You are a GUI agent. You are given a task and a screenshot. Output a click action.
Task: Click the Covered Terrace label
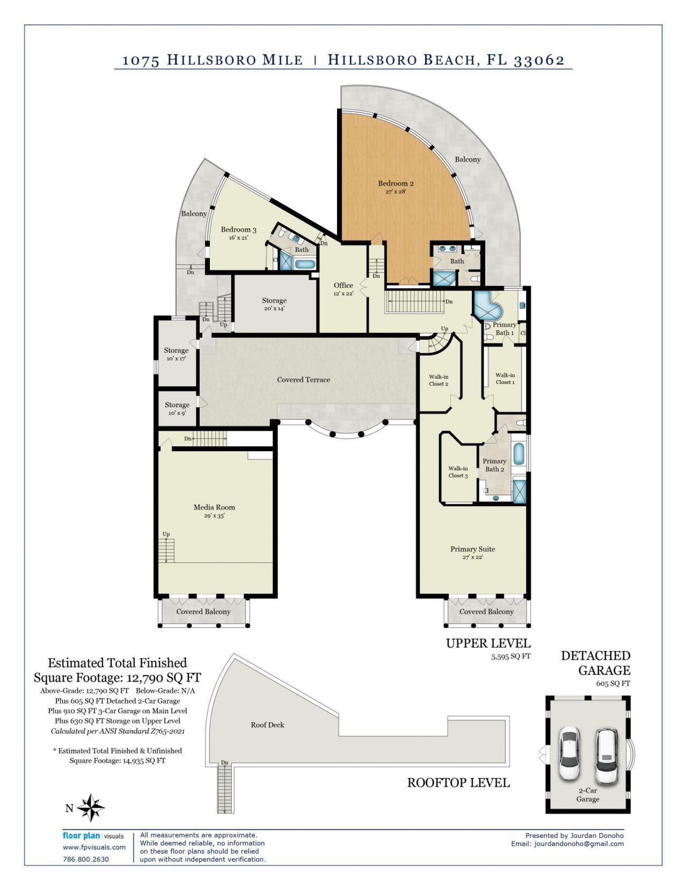pyautogui.click(x=303, y=380)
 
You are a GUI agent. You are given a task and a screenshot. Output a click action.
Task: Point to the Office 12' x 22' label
pyautogui.click(x=343, y=289)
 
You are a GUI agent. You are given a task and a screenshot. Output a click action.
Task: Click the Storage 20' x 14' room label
pyautogui.click(x=274, y=304)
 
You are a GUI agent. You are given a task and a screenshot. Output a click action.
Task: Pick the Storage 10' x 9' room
pyautogui.click(x=177, y=408)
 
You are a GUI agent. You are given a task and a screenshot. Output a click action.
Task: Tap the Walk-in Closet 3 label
pyautogui.click(x=458, y=472)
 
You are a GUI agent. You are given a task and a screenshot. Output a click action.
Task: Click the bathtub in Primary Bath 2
pyautogui.click(x=518, y=454)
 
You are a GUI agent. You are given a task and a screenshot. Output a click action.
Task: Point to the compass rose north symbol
pyautogui.click(x=91, y=807)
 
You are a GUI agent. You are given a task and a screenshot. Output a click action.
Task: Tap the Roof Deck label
pyautogui.click(x=267, y=725)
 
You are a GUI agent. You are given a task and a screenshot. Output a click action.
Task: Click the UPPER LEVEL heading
pyautogui.click(x=488, y=643)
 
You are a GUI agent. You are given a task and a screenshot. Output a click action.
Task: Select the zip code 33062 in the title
pyautogui.click(x=539, y=60)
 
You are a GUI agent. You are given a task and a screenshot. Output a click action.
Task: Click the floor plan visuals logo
pyautogui.click(x=93, y=836)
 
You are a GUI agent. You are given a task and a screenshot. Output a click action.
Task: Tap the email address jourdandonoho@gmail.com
pyautogui.click(x=579, y=844)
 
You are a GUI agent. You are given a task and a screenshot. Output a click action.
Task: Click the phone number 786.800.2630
pyautogui.click(x=86, y=859)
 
